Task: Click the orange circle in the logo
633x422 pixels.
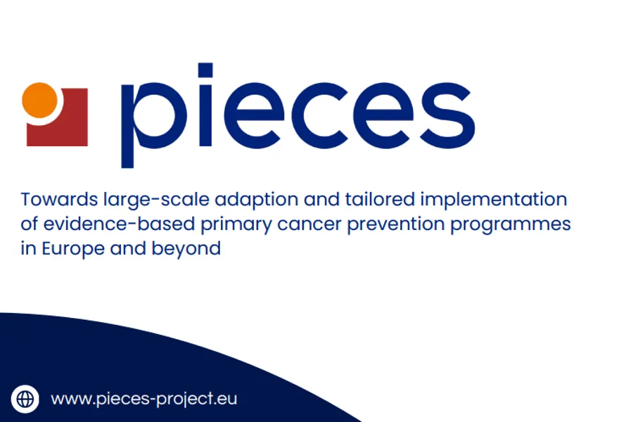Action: (x=39, y=100)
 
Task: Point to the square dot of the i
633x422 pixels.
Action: (x=205, y=70)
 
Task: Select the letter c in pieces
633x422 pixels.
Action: (x=319, y=115)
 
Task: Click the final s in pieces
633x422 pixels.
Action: (x=447, y=115)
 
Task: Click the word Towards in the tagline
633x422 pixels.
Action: (x=59, y=199)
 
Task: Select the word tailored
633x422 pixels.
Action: (x=380, y=199)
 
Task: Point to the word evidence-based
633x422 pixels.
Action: (x=119, y=224)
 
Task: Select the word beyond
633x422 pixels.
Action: (x=186, y=249)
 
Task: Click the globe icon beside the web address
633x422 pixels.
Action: (x=25, y=399)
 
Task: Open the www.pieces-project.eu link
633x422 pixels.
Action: (x=143, y=399)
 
